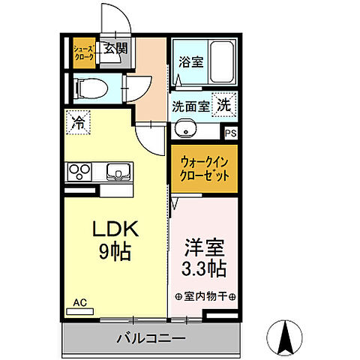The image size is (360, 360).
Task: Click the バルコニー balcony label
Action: pyautogui.click(x=150, y=339)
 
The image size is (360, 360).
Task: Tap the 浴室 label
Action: pyautogui.click(x=190, y=63)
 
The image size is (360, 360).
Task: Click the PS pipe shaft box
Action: pyautogui.click(x=231, y=133)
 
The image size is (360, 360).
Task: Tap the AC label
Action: pyautogui.click(x=79, y=303)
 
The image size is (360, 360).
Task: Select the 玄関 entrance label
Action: pyautogui.click(x=115, y=49)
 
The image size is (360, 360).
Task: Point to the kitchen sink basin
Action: pyautogui.click(x=117, y=170)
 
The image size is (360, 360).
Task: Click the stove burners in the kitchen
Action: pyautogui.click(x=80, y=171)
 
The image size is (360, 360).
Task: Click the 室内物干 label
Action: pyautogui.click(x=205, y=295)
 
